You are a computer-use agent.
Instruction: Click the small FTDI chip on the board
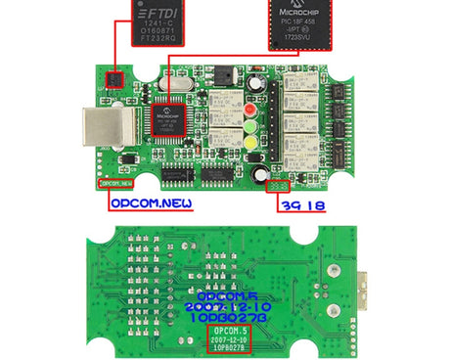point(116,77)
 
